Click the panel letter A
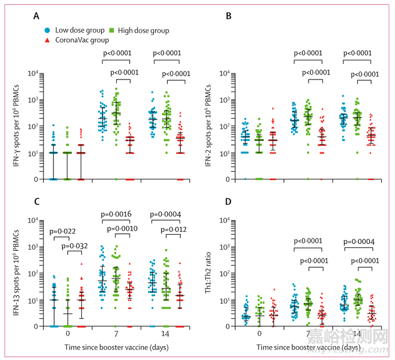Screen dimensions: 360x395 (35, 16)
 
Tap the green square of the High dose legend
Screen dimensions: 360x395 (112, 30)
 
